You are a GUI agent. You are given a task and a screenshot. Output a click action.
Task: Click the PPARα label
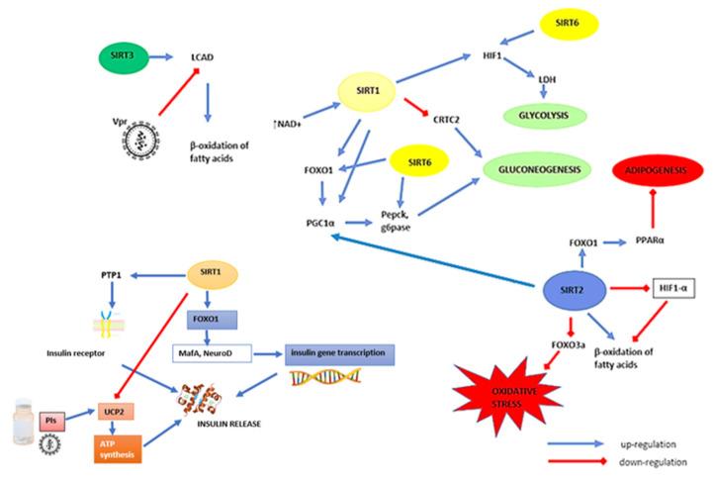pyautogui.click(x=647, y=240)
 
